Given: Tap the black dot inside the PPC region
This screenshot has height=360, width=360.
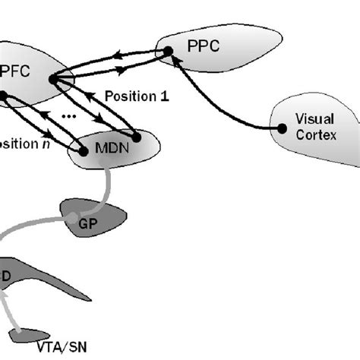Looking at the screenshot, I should pyautogui.click(x=167, y=52).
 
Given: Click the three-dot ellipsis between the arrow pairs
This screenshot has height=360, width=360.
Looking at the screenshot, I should pyautogui.click(x=68, y=116).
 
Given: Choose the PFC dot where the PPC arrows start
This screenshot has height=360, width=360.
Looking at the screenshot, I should pyautogui.click(x=52, y=78).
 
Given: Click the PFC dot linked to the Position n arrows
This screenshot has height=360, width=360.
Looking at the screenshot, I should pyautogui.click(x=3, y=96).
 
